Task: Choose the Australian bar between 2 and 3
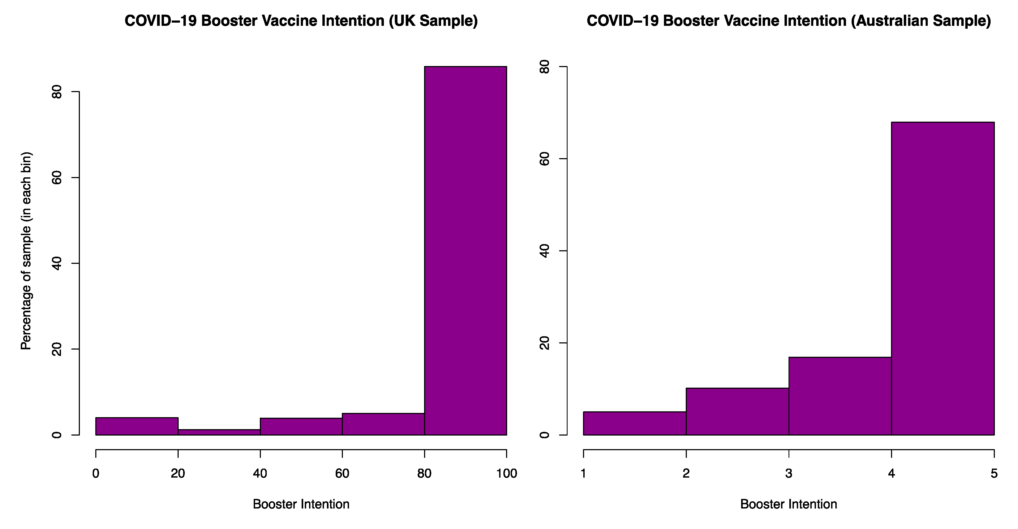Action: click(x=737, y=411)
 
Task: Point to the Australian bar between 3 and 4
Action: click(x=840, y=396)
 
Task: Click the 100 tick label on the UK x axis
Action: click(x=507, y=473)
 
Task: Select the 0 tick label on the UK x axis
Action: click(x=96, y=473)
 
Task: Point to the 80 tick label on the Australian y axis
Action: click(x=545, y=67)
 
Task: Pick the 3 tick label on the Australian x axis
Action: click(x=789, y=473)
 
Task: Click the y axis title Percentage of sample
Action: click(x=26, y=251)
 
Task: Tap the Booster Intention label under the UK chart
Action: click(x=301, y=505)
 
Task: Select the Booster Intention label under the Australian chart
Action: click(x=789, y=505)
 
